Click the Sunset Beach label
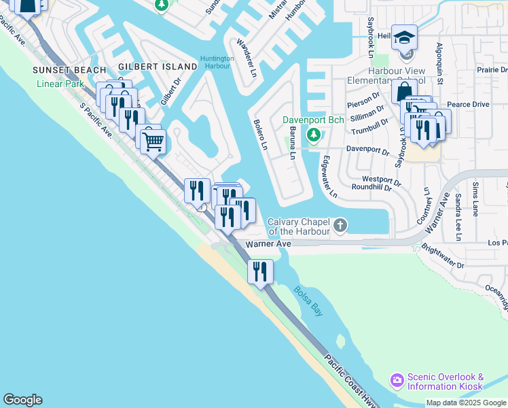71,70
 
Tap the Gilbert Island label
158,67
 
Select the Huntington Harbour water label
217,62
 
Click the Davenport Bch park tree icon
313,135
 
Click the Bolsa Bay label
308,300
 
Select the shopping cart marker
153,141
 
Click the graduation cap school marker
404,37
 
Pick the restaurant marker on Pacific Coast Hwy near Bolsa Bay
260,271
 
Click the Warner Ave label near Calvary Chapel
268,243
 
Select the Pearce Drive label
469,104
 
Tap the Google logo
22,400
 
